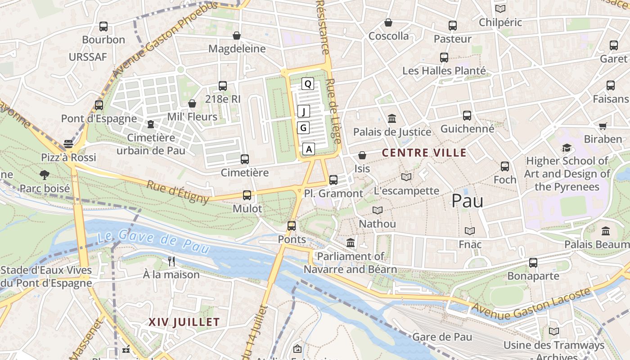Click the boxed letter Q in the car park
click(308, 83)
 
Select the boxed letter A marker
click(309, 149)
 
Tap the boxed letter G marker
click(303, 128)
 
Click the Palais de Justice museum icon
click(392, 119)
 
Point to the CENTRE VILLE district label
click(424, 153)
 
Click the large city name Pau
click(467, 201)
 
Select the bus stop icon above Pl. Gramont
click(333, 180)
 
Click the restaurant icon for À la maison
click(171, 261)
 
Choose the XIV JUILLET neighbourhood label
click(184, 322)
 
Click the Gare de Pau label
click(442, 337)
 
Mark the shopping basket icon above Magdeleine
click(237, 36)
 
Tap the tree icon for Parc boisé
click(44, 175)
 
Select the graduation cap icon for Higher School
click(567, 148)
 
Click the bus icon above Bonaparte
click(533, 262)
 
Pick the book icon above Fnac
click(470, 231)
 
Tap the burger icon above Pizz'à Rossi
click(68, 144)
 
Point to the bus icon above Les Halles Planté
click(444, 58)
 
